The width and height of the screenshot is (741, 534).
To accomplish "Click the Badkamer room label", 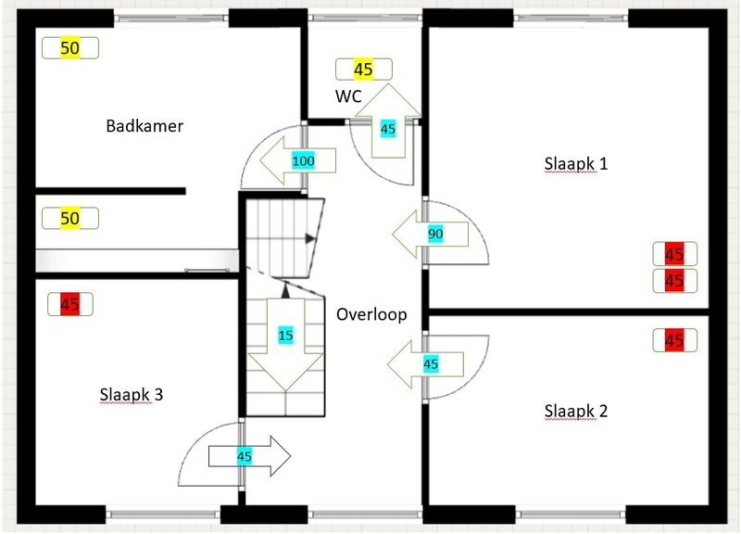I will click(x=144, y=126).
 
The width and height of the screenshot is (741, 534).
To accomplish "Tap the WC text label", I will click(x=348, y=95).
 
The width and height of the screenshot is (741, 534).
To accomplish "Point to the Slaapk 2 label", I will click(x=576, y=411).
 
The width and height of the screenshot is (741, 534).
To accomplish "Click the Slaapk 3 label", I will click(x=132, y=394).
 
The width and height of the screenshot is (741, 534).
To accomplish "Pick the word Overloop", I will click(x=371, y=314).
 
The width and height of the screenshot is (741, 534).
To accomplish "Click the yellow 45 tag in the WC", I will click(x=363, y=69).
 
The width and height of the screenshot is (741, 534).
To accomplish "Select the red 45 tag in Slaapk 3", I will click(x=69, y=302).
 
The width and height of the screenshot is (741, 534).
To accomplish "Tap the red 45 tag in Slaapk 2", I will click(x=673, y=340).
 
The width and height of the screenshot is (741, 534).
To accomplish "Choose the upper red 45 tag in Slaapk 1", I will click(x=673, y=253).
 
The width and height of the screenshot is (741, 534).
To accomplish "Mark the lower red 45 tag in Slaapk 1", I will click(x=673, y=280).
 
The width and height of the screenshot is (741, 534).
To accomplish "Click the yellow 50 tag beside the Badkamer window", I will click(x=69, y=48).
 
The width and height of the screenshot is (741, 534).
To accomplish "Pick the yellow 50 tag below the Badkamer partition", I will click(x=69, y=219).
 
